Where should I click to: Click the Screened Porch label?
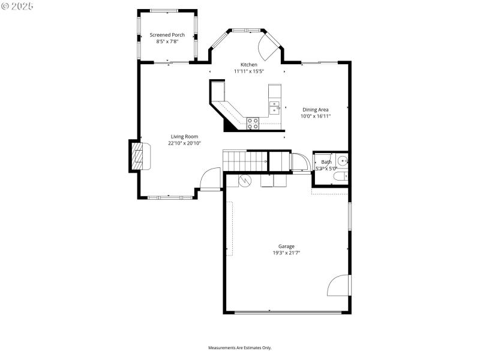pos(167,35)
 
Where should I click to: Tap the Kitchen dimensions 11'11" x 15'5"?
pos(249,71)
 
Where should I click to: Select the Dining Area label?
pos(316,109)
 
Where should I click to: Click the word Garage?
pos(286,246)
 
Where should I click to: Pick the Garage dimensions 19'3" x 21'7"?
pos(286,253)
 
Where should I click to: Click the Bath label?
pos(326,162)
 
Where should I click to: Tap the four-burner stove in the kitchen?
pos(253,123)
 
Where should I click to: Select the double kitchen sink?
pos(274,107)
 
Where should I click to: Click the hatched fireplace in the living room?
pos(139,157)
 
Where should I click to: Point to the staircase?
pos(245,160)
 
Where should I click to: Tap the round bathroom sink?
pos(343,161)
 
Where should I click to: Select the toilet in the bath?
pos(340,177)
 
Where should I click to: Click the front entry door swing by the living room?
pos(210,179)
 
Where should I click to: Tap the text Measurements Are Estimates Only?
pos(240,348)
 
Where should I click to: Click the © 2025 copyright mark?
pos(17,6)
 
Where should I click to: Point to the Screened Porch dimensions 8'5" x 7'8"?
pos(167,41)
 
